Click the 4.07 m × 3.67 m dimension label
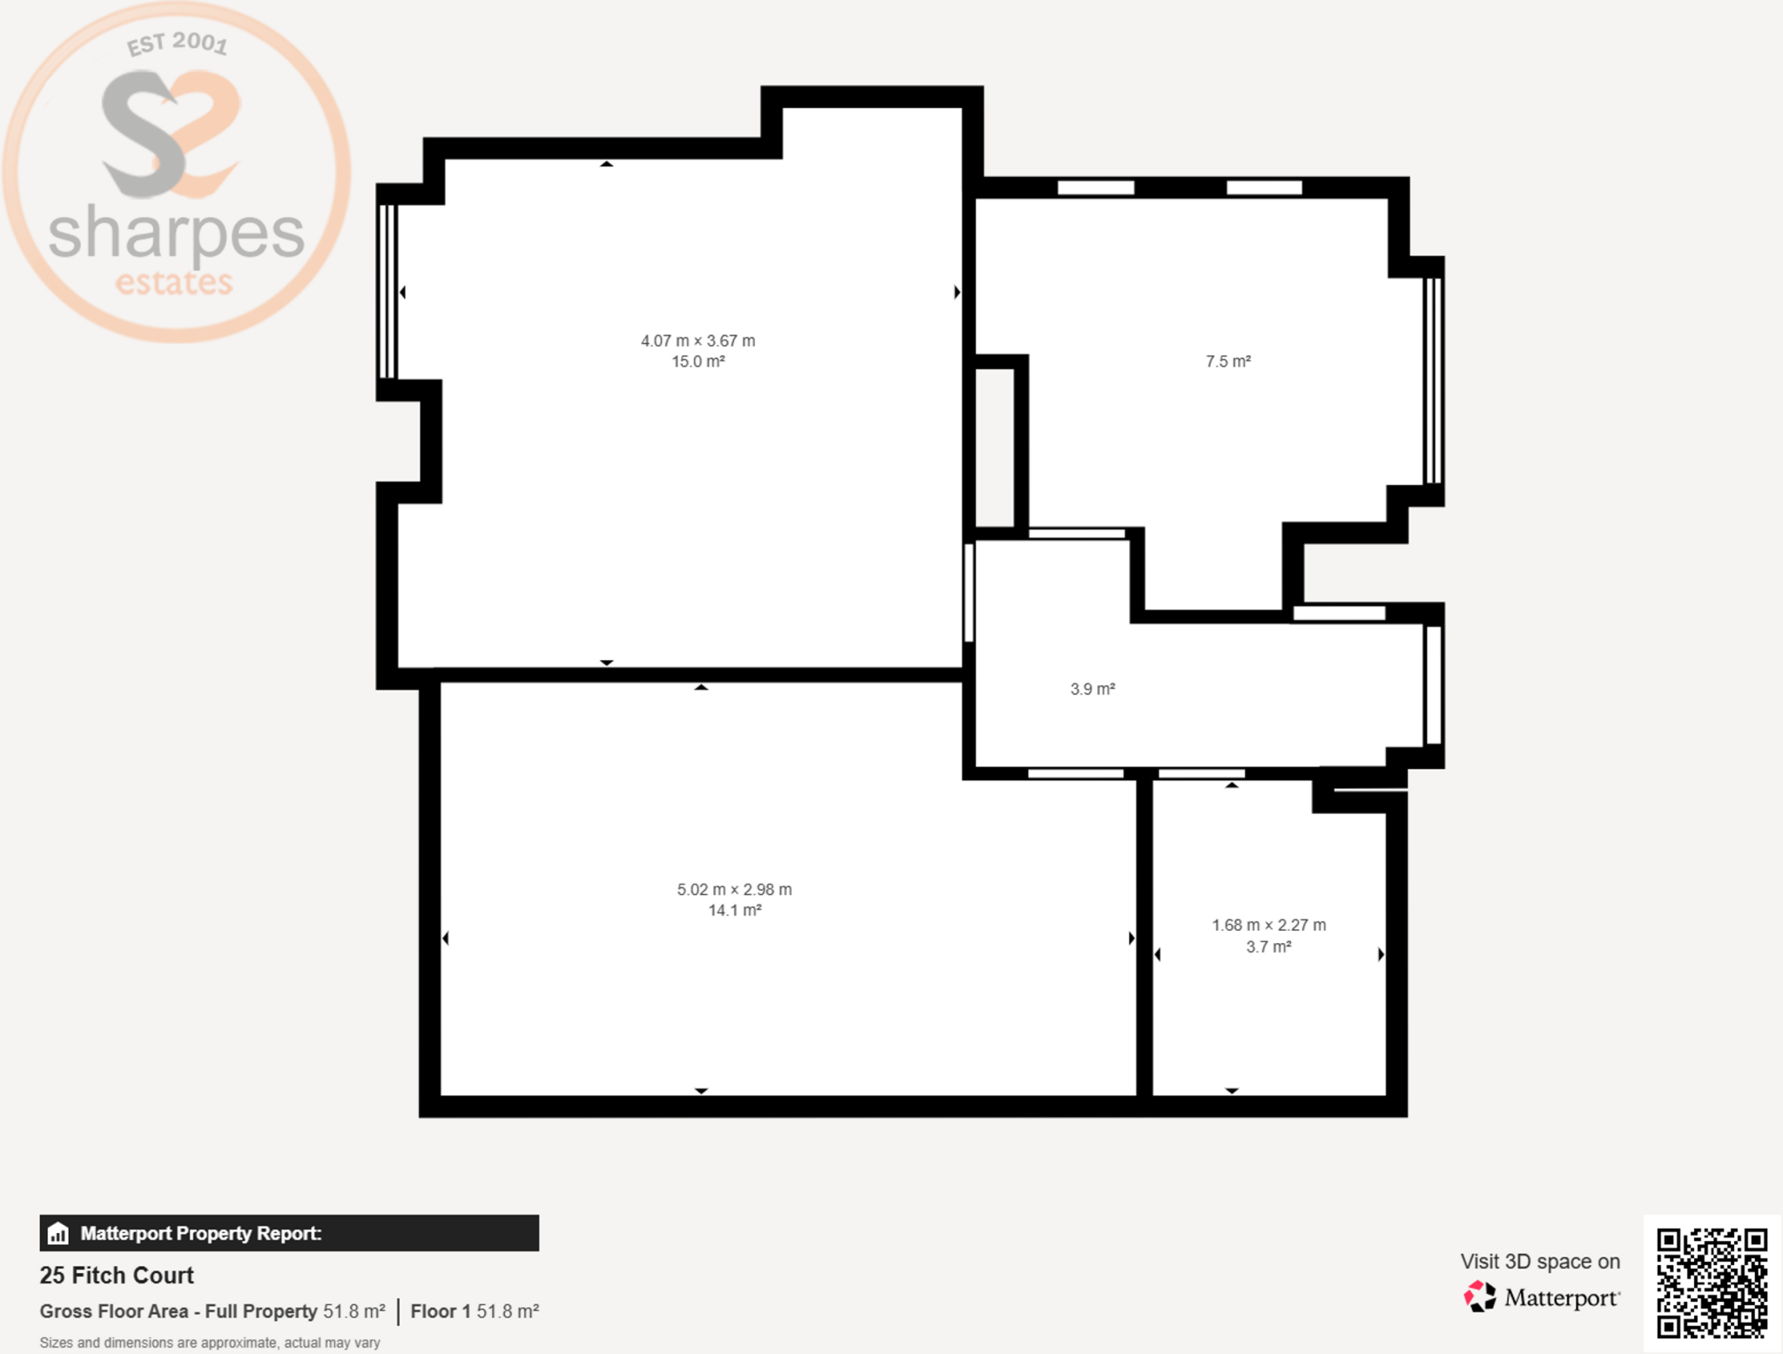pyautogui.click(x=698, y=340)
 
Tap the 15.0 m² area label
pyautogui.click(x=698, y=361)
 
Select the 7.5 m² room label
pyautogui.click(x=1228, y=361)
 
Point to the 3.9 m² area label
pyautogui.click(x=1093, y=689)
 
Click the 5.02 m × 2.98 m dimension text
pyautogui.click(x=735, y=889)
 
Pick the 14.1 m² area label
pyautogui.click(x=735, y=910)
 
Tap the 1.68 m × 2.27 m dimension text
pyautogui.click(x=1269, y=925)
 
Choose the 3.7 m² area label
pyautogui.click(x=1268, y=946)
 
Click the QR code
pyautogui.click(x=1712, y=1283)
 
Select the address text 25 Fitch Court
pyautogui.click(x=117, y=1276)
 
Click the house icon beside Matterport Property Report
pyautogui.click(x=58, y=1233)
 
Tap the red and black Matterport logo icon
pyautogui.click(x=1479, y=1297)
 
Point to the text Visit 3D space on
pyautogui.click(x=1540, y=1261)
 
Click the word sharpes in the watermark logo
pyautogui.click(x=177, y=232)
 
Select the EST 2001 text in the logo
pyautogui.click(x=178, y=43)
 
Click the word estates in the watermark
pyautogui.click(x=174, y=282)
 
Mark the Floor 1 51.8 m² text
pyautogui.click(x=474, y=1311)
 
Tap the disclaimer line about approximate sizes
pyautogui.click(x=210, y=1343)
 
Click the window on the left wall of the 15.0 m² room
pyautogui.click(x=388, y=292)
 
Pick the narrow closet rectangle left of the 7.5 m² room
pyautogui.click(x=994, y=448)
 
